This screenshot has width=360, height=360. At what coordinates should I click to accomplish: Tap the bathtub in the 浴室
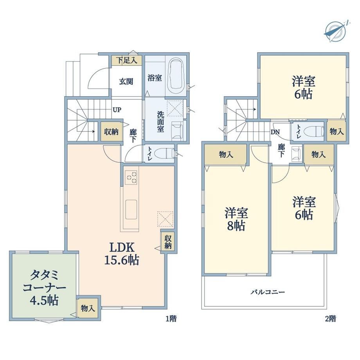[177, 75]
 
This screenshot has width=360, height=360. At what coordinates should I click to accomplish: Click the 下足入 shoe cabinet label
[126, 60]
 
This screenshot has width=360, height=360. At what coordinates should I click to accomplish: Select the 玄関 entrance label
[126, 81]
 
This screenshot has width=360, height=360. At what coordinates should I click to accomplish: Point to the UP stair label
[117, 110]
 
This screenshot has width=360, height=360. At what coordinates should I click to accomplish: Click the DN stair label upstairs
[275, 132]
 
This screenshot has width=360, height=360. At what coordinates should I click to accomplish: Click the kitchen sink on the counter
[131, 209]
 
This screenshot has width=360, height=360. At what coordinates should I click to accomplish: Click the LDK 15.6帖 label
[122, 254]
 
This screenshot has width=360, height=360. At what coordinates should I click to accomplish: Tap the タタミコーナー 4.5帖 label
[44, 288]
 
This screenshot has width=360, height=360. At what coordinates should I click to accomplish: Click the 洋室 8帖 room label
[236, 219]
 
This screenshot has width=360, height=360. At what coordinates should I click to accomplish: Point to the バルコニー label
[268, 292]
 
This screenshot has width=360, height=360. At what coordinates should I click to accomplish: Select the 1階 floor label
[171, 319]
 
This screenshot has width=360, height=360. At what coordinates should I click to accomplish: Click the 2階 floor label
[331, 319]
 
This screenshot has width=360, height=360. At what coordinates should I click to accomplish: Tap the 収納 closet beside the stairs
[112, 132]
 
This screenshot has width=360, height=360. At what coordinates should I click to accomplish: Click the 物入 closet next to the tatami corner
[88, 308]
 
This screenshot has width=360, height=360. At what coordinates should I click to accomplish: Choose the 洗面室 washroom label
[160, 122]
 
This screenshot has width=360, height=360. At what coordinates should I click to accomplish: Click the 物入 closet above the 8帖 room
[226, 155]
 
